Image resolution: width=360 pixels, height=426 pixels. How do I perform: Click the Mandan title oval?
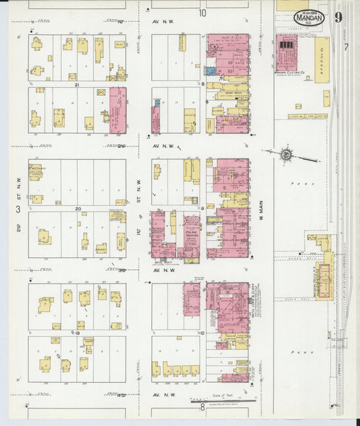tap(309, 18)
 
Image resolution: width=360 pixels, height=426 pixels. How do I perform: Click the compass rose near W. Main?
tap(286, 155)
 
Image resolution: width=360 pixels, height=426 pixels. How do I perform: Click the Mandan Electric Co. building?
tap(286, 53)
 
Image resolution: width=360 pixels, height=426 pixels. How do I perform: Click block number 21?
tap(77, 84)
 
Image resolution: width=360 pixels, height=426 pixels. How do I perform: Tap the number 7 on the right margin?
tap(345, 47)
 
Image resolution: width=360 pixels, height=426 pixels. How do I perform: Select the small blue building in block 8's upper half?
tap(211, 70)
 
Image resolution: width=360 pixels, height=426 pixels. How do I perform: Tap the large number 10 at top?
tap(202, 12)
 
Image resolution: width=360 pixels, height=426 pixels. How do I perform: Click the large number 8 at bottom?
tap(202, 407)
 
